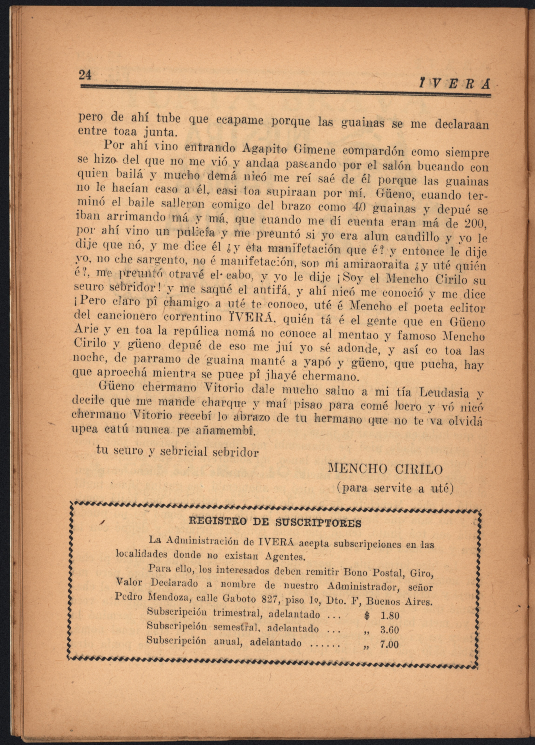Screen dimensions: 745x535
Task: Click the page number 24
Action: click(x=85, y=75)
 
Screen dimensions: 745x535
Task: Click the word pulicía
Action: click(x=196, y=234)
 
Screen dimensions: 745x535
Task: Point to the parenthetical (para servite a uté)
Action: click(x=395, y=489)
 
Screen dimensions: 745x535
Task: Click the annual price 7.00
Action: click(x=389, y=645)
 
